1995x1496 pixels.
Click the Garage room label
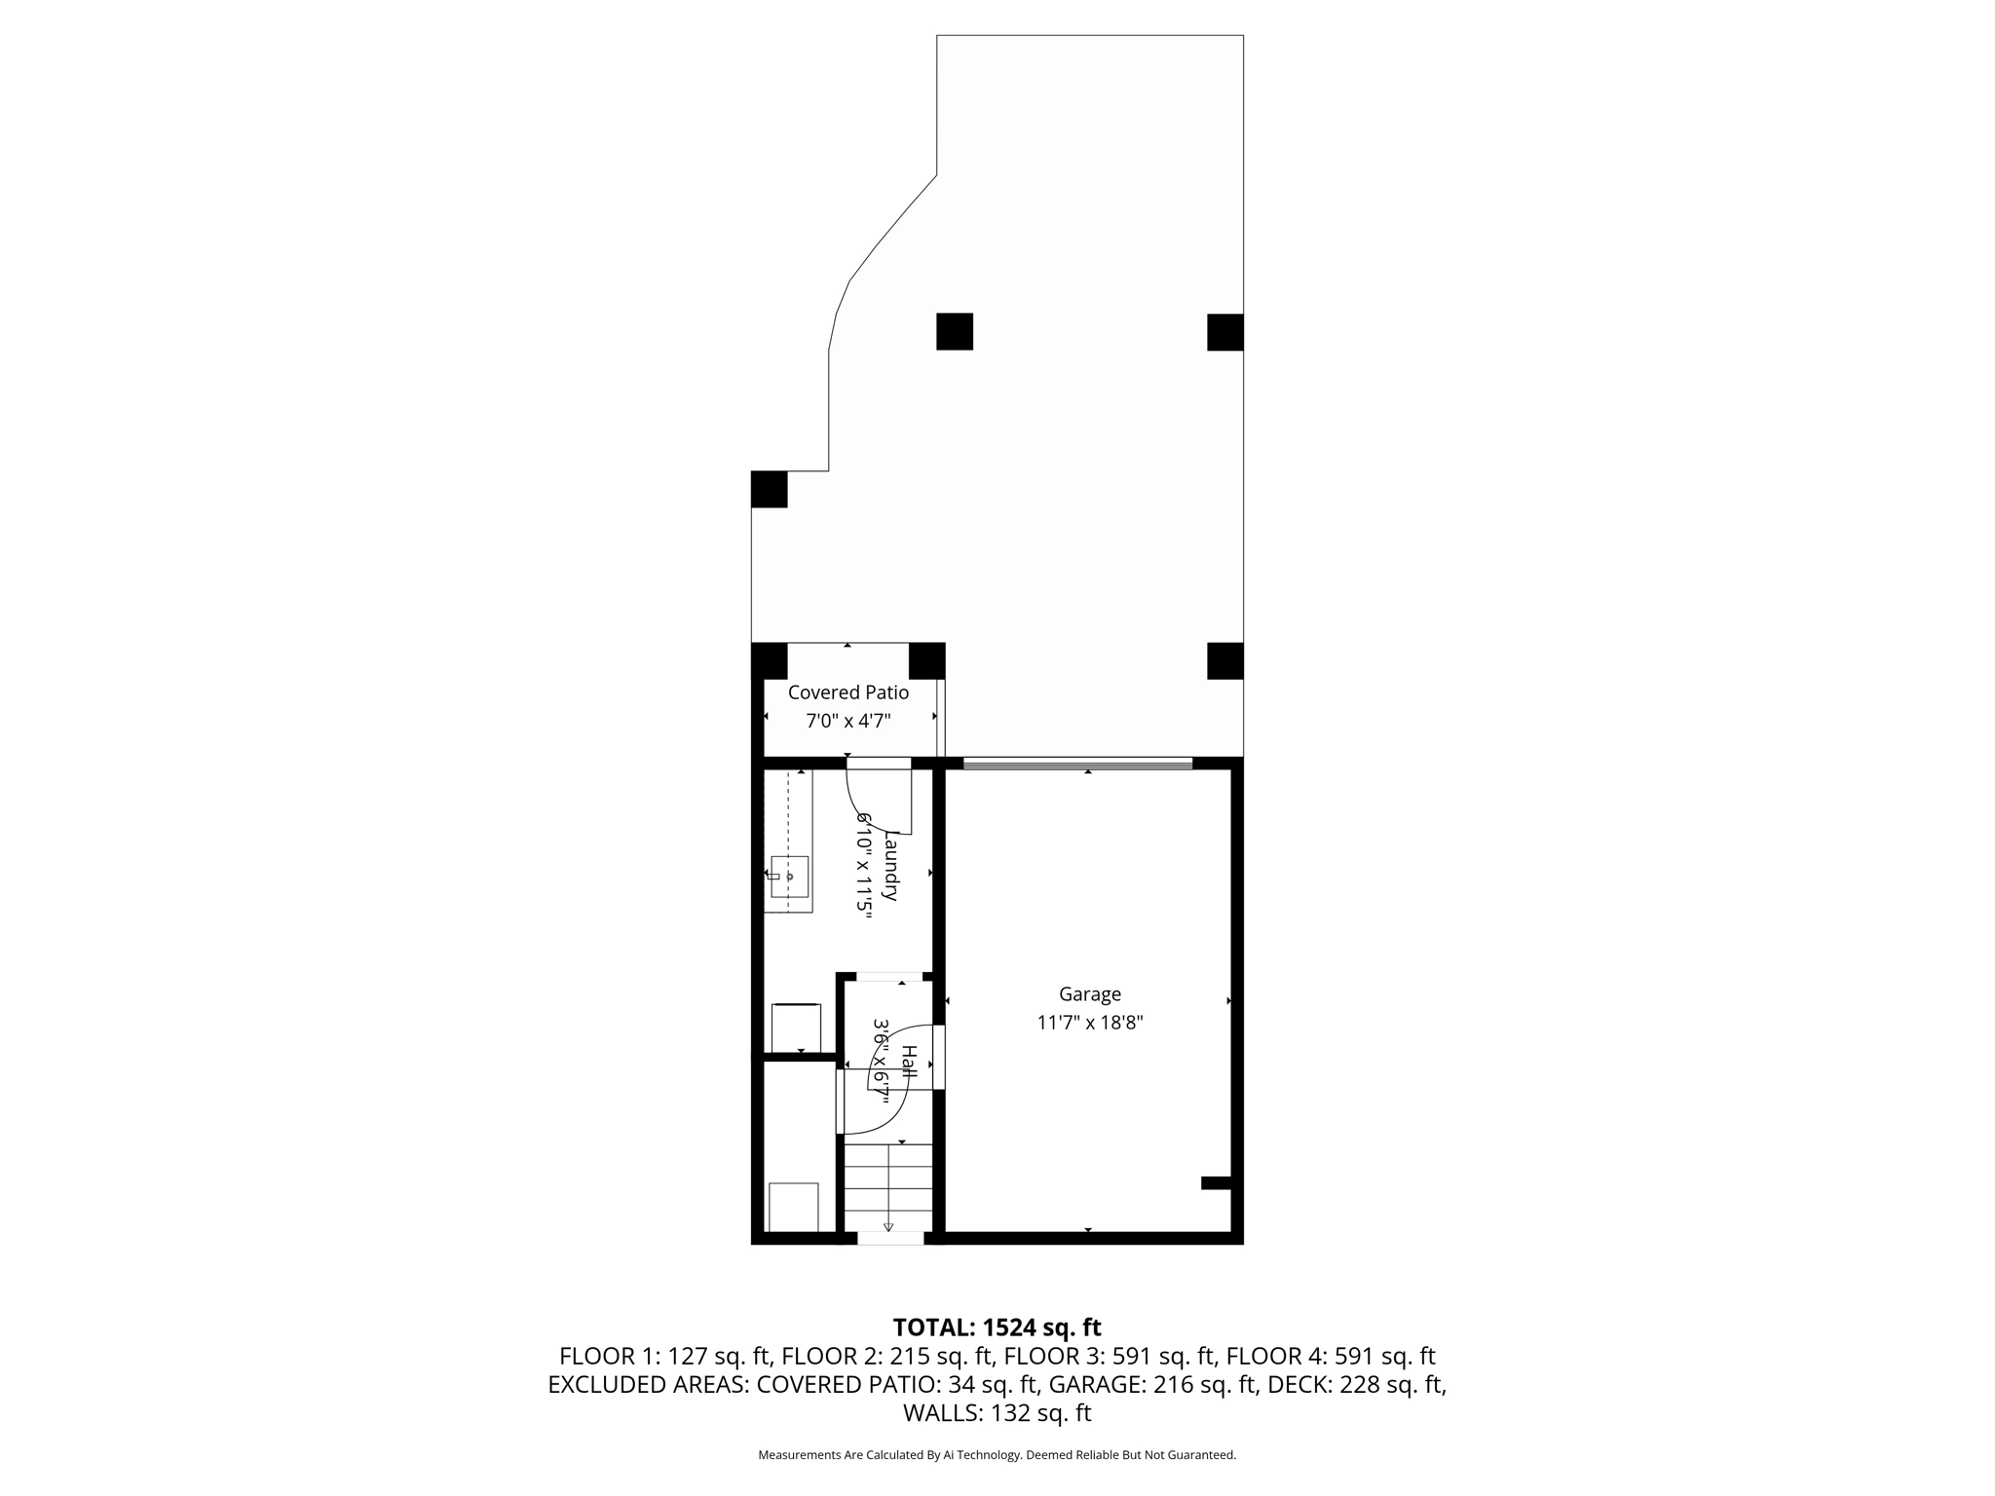pyautogui.click(x=1089, y=994)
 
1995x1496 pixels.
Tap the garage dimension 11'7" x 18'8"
pyautogui.click(x=1089, y=1023)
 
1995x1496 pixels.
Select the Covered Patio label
pyautogui.click(x=847, y=692)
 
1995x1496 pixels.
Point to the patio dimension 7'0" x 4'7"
pyautogui.click(x=847, y=721)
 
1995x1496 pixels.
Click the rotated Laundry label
pyautogui.click(x=889, y=865)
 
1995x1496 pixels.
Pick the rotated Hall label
pyautogui.click(x=908, y=1061)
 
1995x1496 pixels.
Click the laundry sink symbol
pyautogui.click(x=789, y=876)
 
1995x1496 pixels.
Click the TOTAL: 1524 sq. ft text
pyautogui.click(x=997, y=1328)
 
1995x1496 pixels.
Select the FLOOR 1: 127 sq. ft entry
pyautogui.click(x=665, y=1356)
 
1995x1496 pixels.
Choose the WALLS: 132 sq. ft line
pyautogui.click(x=997, y=1412)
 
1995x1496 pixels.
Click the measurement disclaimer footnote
pyautogui.click(x=997, y=1455)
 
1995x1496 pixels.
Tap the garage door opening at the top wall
pyautogui.click(x=1076, y=764)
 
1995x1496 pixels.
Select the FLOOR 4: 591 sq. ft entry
pyautogui.click(x=1331, y=1356)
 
